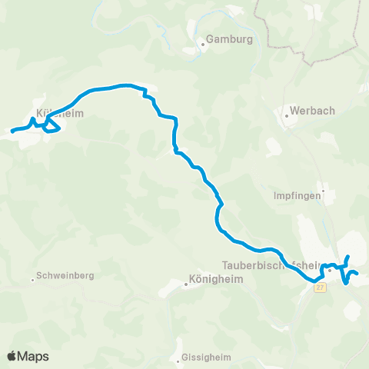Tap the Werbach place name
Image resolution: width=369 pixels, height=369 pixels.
click(x=314, y=111)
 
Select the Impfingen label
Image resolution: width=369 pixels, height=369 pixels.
click(x=296, y=195)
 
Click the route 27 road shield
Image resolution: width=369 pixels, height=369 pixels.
click(x=319, y=287)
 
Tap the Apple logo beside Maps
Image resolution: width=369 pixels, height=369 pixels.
click(x=13, y=356)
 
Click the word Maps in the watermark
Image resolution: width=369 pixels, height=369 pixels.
click(x=35, y=356)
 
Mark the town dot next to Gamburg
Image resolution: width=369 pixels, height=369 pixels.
click(x=202, y=44)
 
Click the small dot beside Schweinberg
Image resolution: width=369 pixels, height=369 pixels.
click(x=32, y=279)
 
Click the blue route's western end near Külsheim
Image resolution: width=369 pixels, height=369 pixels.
click(x=12, y=131)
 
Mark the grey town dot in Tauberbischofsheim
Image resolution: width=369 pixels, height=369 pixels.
click(x=329, y=270)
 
